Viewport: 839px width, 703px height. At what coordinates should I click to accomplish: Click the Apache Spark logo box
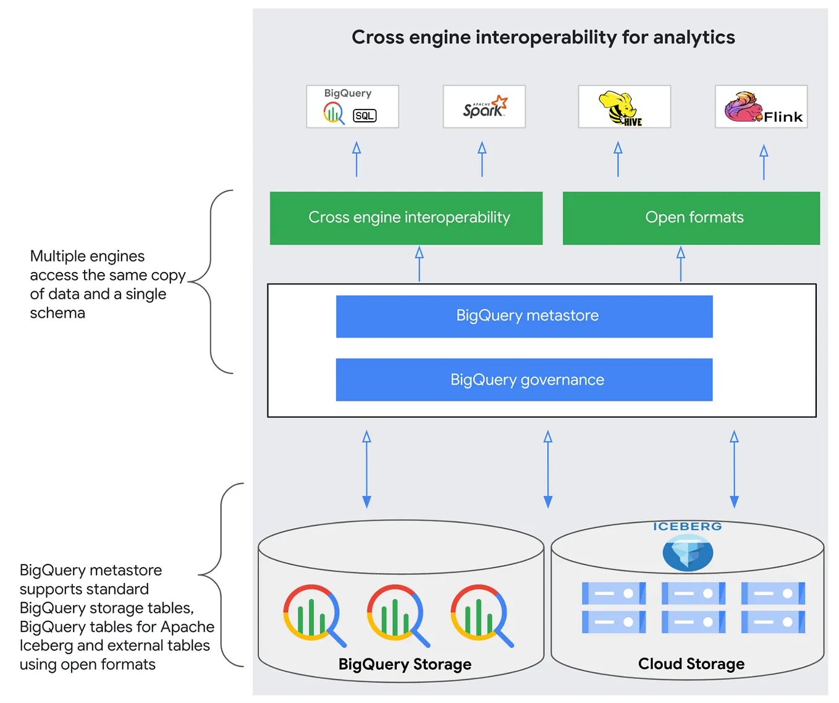484,106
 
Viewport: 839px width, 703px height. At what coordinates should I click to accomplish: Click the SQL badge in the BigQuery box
364,116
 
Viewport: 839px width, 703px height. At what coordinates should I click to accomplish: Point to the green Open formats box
691,218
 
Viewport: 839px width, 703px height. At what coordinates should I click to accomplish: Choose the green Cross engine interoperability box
406,218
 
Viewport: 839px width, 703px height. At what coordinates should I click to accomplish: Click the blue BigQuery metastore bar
525,317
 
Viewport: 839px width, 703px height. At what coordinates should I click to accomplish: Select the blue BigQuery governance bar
525,380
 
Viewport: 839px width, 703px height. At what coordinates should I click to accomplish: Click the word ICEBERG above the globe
688,526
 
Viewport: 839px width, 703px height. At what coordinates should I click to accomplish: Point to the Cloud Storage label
691,663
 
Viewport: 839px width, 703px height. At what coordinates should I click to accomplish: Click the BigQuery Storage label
405,664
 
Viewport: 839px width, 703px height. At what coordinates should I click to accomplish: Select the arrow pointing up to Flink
764,162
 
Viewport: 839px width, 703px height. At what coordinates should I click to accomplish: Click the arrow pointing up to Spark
482,160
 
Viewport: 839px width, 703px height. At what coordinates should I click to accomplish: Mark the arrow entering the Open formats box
680,264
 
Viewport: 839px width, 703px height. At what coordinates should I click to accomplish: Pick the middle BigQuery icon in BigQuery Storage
397,615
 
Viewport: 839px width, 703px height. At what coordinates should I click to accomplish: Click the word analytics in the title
694,37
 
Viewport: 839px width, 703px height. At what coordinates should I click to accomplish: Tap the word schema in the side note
57,313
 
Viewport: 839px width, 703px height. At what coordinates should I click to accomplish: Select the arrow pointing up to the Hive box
618,160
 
